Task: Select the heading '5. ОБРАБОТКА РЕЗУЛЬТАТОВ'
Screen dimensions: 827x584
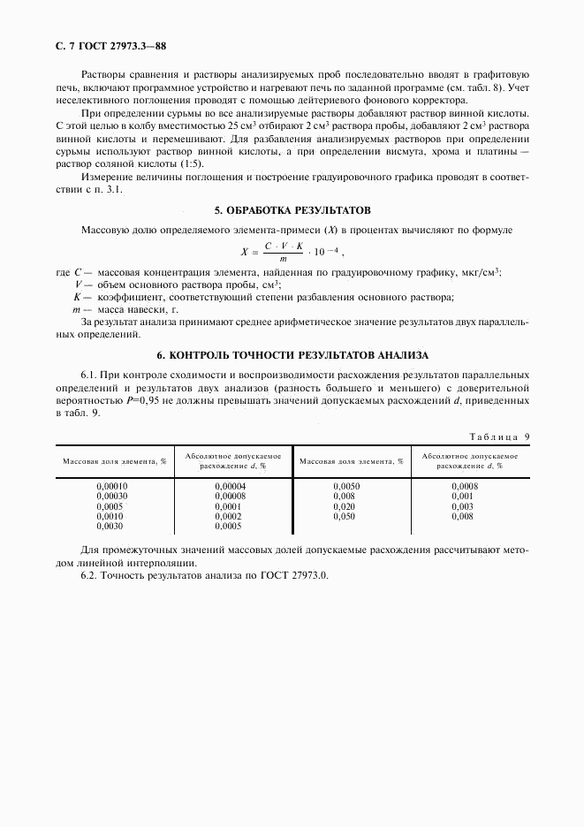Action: (292, 210)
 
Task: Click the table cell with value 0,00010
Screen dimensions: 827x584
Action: (112, 487)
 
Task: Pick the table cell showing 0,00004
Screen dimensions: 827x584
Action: (231, 487)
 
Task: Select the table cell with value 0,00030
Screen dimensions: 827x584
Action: (112, 497)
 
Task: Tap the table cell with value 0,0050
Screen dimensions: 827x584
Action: (346, 487)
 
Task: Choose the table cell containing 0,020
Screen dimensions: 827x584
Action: (345, 506)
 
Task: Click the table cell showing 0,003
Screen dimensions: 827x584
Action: (463, 506)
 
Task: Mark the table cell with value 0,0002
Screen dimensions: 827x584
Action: (228, 516)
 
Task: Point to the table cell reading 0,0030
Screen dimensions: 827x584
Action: (110, 526)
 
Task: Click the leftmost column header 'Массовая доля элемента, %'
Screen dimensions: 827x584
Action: (114, 461)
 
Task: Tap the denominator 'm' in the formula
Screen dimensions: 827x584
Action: (283, 259)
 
